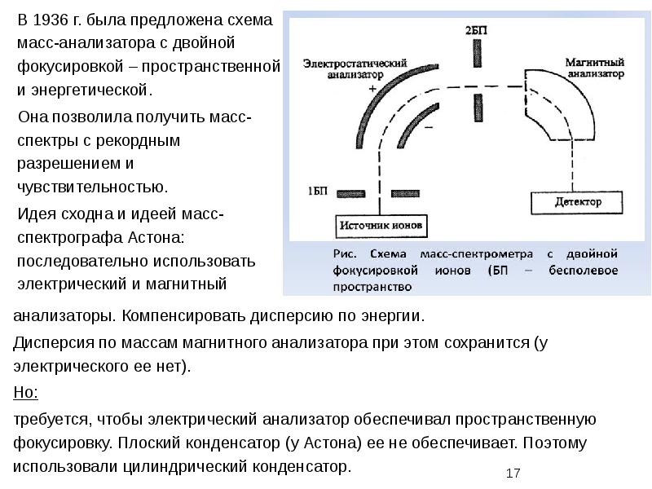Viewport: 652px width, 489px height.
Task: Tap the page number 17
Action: (513, 473)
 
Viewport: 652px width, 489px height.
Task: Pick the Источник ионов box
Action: (381, 225)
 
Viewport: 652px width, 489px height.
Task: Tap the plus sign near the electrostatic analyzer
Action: (372, 88)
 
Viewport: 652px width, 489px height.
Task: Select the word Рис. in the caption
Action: (345, 253)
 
